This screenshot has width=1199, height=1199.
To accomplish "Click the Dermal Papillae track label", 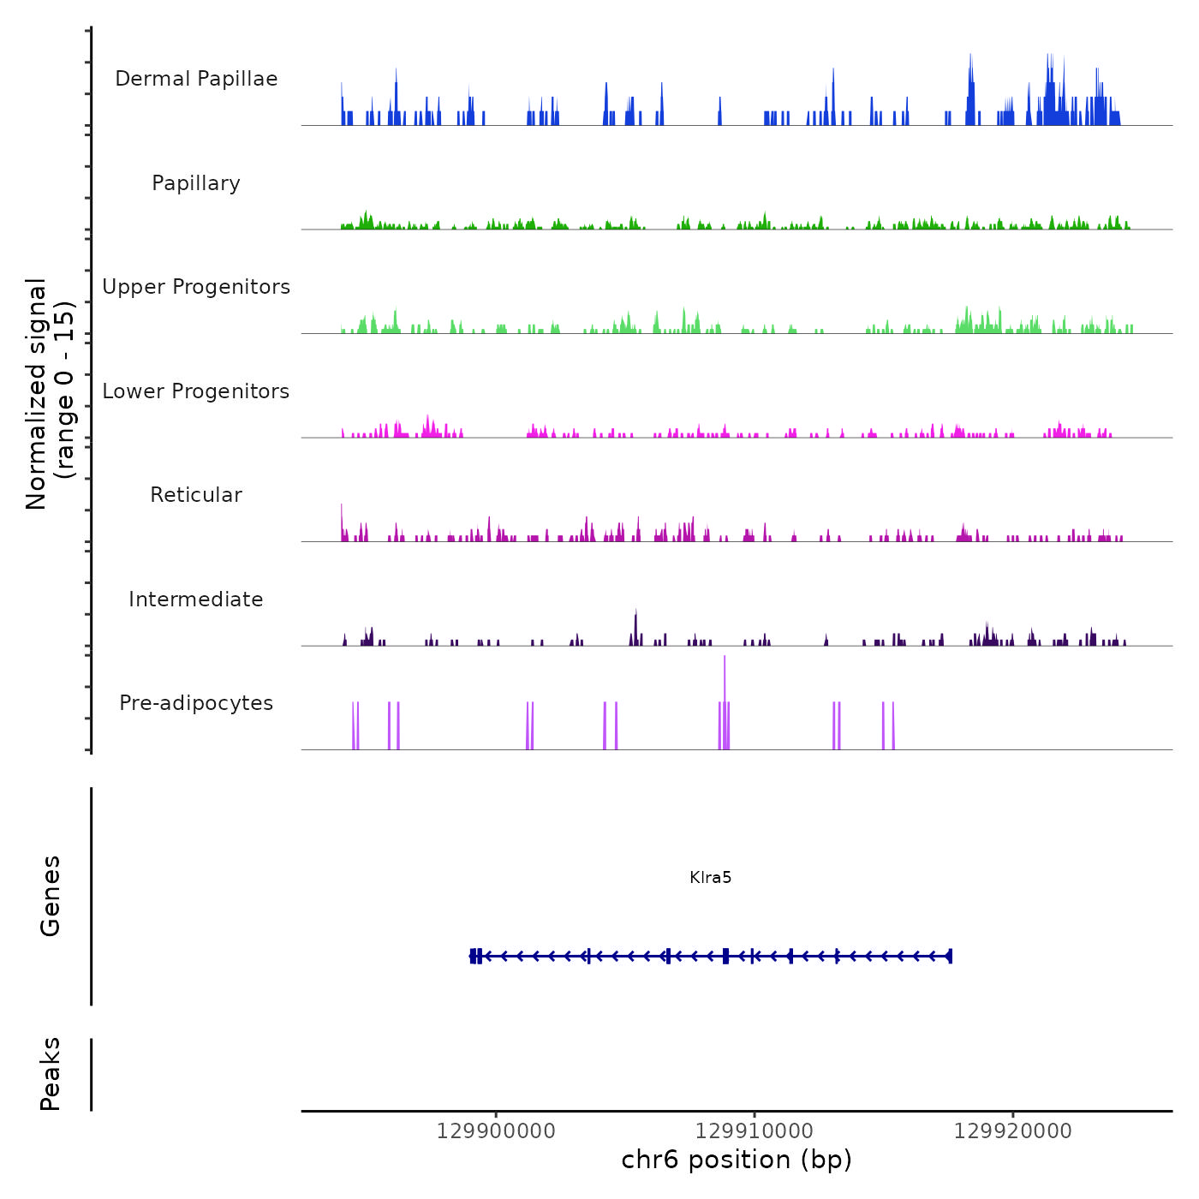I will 196,79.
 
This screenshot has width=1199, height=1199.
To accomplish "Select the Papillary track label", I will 196,183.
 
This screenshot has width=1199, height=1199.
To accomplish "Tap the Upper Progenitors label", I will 196,287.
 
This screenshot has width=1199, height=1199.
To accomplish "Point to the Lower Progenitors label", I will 196,391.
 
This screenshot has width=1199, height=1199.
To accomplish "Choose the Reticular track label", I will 196,495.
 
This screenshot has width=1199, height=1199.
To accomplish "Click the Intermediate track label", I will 196,599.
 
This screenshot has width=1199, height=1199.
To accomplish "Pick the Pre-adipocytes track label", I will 196,703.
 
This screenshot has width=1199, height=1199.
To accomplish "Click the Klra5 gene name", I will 710,878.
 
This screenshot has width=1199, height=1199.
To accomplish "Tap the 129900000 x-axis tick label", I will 496,1131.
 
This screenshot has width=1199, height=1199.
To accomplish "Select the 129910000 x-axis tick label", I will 755,1131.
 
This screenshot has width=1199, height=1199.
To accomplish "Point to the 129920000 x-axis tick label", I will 1013,1131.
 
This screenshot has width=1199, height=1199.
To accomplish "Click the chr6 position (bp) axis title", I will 737,1160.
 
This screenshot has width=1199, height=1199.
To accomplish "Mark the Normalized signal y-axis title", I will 50,393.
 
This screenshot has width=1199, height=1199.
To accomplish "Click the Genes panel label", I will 51,896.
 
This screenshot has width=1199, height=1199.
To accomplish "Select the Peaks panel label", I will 51,1074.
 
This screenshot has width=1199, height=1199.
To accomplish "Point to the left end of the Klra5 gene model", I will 472,956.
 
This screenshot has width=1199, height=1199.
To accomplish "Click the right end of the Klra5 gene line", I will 951,956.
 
